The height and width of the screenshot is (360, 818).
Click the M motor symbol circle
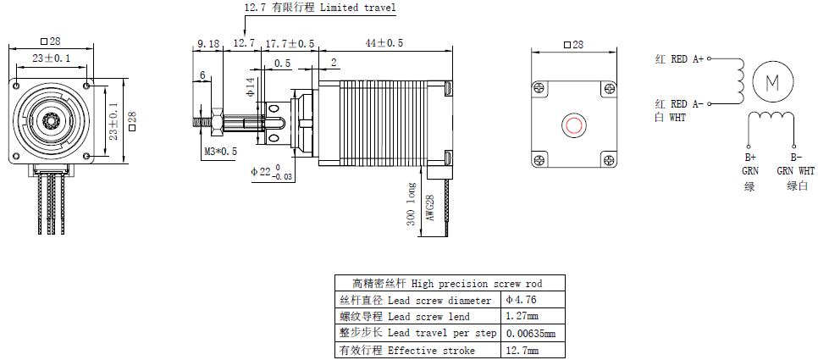pos(771,82)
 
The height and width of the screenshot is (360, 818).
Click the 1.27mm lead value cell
pos(521,316)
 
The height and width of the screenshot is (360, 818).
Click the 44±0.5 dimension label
pos(384,42)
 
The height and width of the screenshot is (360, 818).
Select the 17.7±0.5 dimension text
pos(290,42)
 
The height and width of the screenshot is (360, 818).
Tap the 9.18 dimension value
pos(208,42)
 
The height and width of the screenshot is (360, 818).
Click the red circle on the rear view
pos(573,125)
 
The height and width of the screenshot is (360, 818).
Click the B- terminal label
pos(795,158)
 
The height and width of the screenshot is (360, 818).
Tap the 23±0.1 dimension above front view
pos(52,58)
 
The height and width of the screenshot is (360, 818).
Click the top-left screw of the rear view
pos(539,86)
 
